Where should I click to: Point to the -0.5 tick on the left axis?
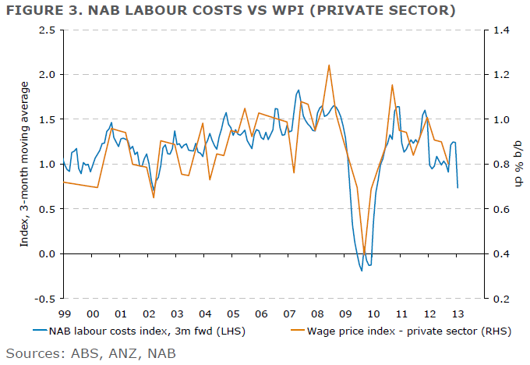click(x=48, y=299)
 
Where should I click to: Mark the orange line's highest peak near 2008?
click(x=329, y=65)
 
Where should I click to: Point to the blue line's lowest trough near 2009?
click(x=362, y=271)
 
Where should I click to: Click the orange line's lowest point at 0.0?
click(x=364, y=253)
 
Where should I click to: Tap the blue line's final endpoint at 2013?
click(x=457, y=187)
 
